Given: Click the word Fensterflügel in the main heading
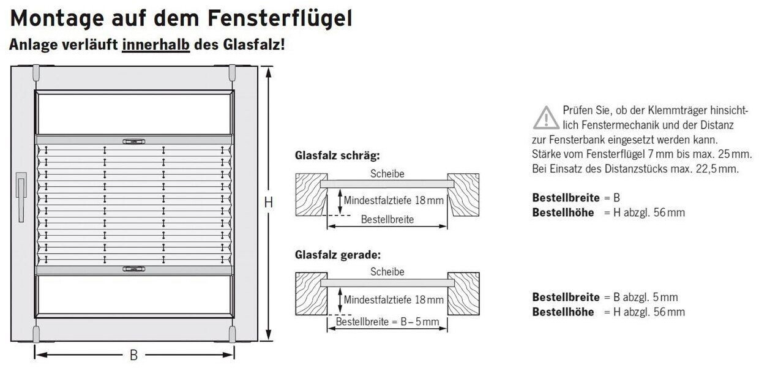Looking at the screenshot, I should pos(280,19).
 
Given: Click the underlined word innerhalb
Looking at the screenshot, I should pos(156,45).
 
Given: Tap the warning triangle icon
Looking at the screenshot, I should pos(545,118).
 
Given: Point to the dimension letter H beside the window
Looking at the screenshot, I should pos(268,203).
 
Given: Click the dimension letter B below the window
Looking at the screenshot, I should pos(133,355).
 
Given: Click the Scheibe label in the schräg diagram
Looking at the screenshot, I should pos(387,174).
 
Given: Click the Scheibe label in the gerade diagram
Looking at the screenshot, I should pos(387,272).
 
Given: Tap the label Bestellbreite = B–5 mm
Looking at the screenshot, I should pos(387,321).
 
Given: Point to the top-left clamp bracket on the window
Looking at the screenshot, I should pos(36,73).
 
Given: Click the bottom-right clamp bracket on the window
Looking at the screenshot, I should pos(232,334).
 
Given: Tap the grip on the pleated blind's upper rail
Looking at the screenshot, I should pos(133,141).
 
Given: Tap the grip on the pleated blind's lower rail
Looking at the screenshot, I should pos(133,268).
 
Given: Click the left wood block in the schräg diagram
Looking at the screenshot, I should pos(310,195).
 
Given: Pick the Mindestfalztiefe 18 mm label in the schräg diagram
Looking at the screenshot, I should pos(394,200).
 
